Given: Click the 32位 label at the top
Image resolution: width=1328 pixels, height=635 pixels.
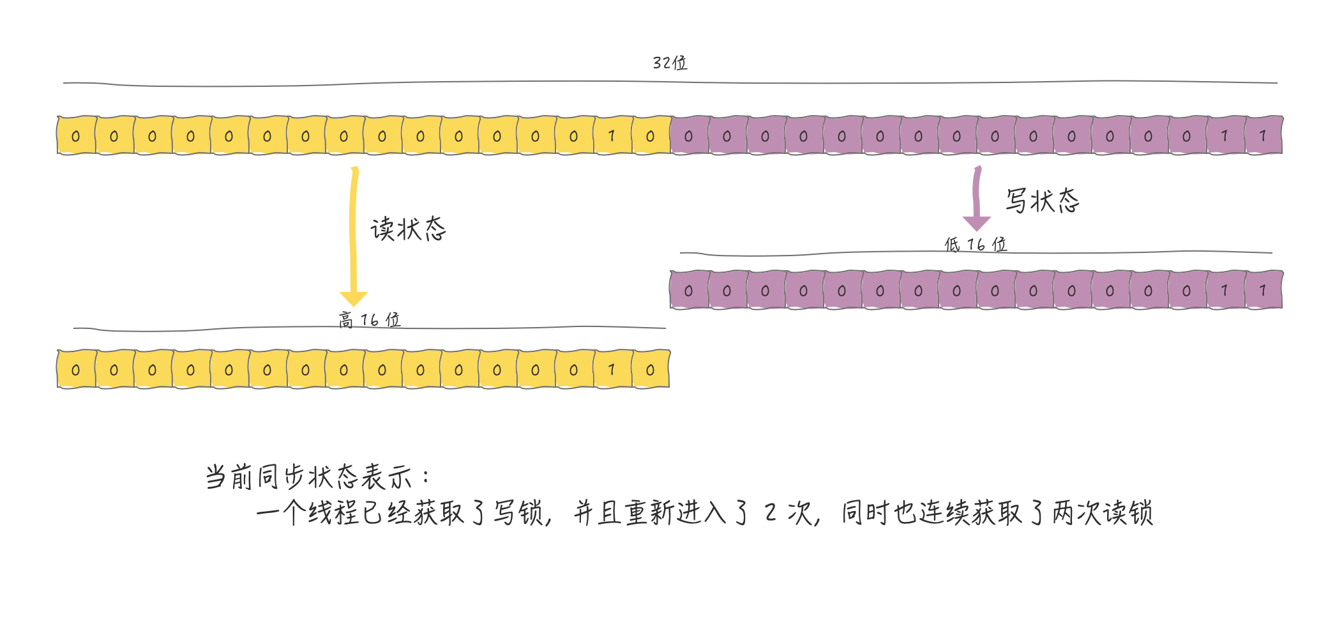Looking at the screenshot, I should pos(670,63).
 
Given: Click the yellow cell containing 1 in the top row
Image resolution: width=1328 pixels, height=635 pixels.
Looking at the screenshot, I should pos(612,135).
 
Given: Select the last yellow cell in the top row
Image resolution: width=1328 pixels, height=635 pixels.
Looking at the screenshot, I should pos(651,135).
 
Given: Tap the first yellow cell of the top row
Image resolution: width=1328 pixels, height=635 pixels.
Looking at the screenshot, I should pos(76,135).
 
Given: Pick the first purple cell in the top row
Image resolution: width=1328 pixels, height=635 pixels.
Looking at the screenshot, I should pos(689,135).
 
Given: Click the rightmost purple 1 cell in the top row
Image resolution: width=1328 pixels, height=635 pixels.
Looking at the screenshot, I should pos(1264,135).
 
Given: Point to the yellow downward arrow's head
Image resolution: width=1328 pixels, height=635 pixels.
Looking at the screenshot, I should pos(353,298).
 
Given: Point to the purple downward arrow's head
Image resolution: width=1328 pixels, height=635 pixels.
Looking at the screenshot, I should pos(977,223).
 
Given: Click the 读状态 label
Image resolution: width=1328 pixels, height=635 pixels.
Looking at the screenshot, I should pos(408,229).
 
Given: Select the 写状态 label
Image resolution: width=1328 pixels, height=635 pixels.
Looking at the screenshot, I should pos(1043,201).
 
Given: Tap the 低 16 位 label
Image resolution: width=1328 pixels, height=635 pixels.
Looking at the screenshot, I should pos(976,244).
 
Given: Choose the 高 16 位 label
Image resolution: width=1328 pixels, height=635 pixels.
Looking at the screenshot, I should pos(370,319).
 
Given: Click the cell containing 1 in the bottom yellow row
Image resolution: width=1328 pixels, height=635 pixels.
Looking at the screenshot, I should pos(612,369).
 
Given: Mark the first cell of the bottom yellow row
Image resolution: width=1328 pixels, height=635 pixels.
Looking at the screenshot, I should pos(76,369).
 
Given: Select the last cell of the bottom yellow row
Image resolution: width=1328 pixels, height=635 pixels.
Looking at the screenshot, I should pos(651,369).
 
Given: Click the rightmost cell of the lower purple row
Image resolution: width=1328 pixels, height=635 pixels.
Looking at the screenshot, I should pos(1264,290).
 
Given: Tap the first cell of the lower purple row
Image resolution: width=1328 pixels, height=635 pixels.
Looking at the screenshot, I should pos(689,290).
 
